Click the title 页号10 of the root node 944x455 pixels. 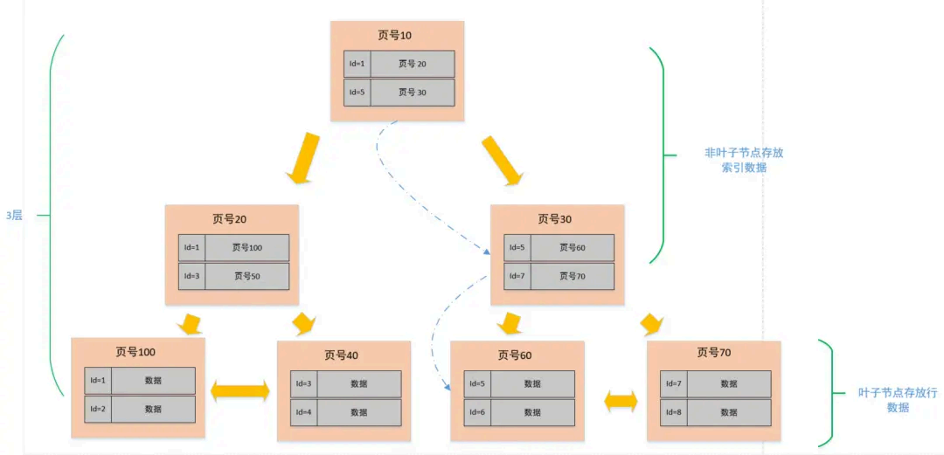coord(395,36)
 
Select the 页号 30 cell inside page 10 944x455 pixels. coord(412,93)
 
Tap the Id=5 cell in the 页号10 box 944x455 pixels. coord(357,93)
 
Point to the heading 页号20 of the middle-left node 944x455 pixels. coord(231,219)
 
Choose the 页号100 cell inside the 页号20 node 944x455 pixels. coord(246,248)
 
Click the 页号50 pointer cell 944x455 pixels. coord(246,276)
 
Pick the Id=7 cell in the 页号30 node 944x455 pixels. coord(517,276)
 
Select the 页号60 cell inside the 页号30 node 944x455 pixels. coord(572,248)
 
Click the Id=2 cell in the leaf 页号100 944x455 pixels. coord(98,409)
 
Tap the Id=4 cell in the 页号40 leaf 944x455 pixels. coord(304,412)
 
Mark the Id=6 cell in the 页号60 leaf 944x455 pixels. coord(477,412)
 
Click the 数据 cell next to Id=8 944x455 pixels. coord(729,412)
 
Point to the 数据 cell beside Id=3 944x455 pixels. coord(359,384)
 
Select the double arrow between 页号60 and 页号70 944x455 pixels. coord(621,402)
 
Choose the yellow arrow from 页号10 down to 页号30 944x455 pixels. coord(502,160)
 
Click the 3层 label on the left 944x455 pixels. coord(14,215)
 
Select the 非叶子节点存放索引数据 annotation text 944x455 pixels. coord(744,160)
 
